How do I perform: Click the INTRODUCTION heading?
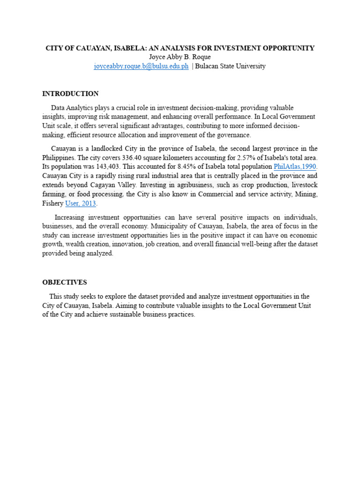(x=70, y=94)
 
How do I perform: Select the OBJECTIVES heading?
(x=64, y=282)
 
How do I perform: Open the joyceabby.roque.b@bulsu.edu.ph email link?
(x=141, y=66)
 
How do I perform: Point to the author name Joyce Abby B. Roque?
(x=180, y=57)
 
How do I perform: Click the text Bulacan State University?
(x=230, y=66)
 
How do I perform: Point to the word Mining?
(x=307, y=195)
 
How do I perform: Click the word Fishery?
(x=52, y=204)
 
